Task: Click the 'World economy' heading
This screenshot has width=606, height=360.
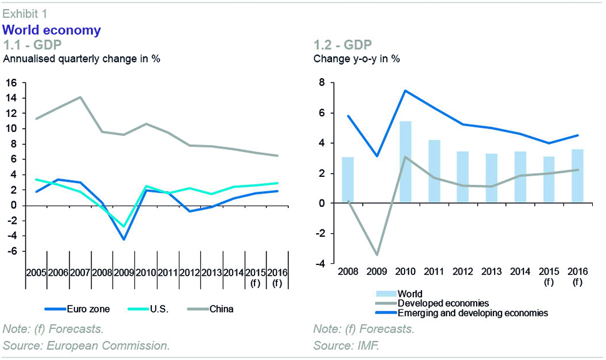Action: pos(52,30)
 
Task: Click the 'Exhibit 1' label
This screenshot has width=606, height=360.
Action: pos(24,12)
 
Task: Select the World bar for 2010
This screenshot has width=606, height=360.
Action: pos(405,162)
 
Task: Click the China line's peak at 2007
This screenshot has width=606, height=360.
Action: pos(79,97)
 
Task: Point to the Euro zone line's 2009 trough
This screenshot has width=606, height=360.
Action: pos(123,239)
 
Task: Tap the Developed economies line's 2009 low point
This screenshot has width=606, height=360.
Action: pos(376,255)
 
